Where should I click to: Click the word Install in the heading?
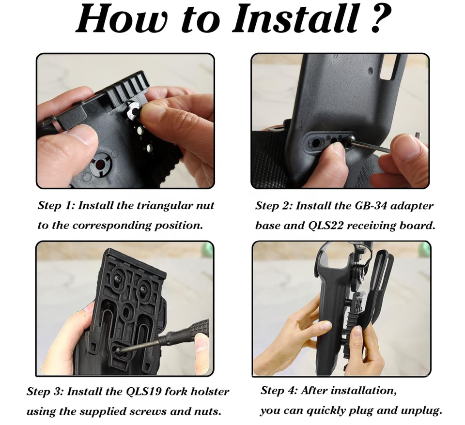point(297,18)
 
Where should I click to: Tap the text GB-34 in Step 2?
point(371,206)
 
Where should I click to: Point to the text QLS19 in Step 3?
point(144,392)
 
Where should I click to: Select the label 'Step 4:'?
point(279,391)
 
